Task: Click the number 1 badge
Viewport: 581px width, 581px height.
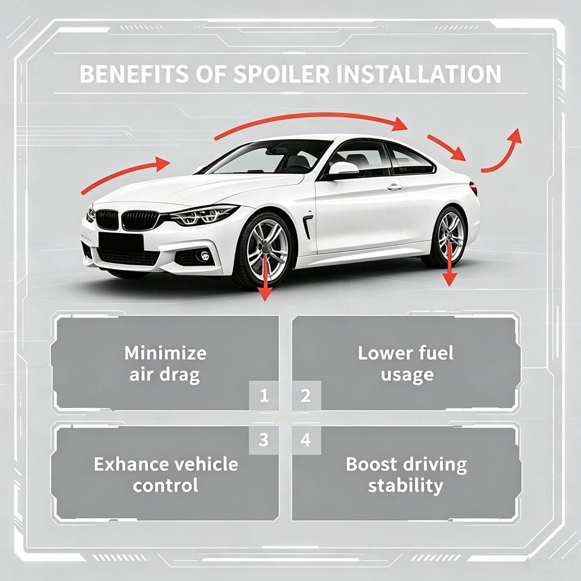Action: (x=264, y=396)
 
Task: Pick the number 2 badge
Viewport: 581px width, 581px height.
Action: (x=306, y=396)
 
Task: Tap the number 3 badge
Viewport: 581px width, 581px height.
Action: (x=264, y=440)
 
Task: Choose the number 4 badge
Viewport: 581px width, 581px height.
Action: (x=306, y=440)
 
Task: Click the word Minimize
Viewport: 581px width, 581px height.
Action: (x=165, y=353)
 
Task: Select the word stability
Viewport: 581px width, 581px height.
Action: (x=406, y=486)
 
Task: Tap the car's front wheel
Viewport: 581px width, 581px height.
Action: (x=265, y=249)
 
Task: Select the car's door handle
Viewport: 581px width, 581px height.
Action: (x=395, y=187)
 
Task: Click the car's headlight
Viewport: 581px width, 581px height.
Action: (x=203, y=216)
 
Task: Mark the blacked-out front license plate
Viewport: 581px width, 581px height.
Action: (x=121, y=242)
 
